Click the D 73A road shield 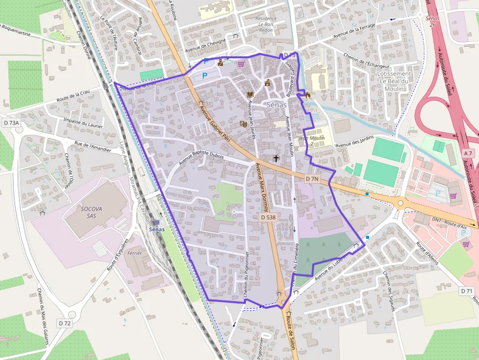coord(10,123)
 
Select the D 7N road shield coord(312,179)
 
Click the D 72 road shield coord(65,323)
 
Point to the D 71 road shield coord(467,291)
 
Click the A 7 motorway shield coord(468,153)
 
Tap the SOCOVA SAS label coord(89,212)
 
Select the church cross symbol coord(276,158)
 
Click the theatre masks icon coord(242,124)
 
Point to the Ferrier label coord(134,254)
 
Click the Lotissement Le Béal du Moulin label coord(394,81)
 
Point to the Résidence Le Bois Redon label coord(266,24)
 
